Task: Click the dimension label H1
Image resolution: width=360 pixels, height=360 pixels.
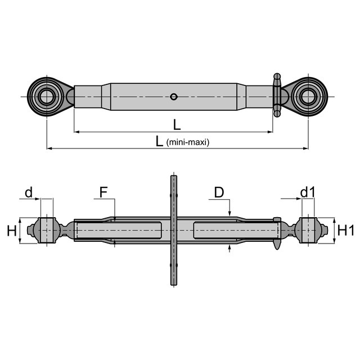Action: pyautogui.click(x=346, y=230)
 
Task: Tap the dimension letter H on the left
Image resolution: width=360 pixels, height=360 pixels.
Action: pyautogui.click(x=12, y=231)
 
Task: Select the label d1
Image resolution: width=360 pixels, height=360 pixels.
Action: pyautogui.click(x=308, y=192)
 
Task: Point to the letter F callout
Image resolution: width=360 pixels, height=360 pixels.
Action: pyautogui.click(x=103, y=192)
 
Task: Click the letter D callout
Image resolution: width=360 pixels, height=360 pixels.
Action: pyautogui.click(x=219, y=192)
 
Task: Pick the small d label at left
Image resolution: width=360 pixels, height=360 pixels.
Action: pyautogui.click(x=29, y=192)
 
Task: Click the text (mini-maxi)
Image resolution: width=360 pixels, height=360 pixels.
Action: pyautogui.click(x=188, y=142)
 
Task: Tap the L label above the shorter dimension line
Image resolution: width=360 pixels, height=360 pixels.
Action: pyautogui.click(x=177, y=125)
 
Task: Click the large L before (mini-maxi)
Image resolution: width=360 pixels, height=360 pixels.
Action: pyautogui.click(x=159, y=141)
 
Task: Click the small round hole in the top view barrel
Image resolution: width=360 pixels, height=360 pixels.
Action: pyautogui.click(x=174, y=97)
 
